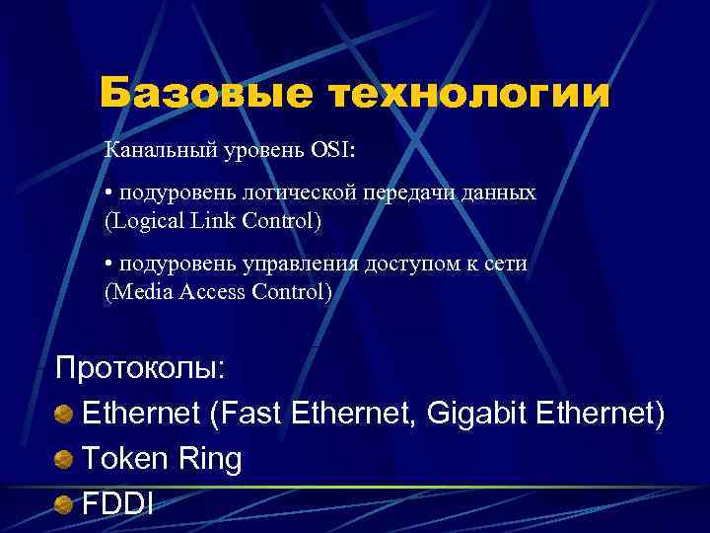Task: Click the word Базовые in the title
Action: [x=205, y=95]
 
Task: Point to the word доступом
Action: [x=409, y=265]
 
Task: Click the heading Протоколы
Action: [x=141, y=369]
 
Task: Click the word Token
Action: [x=119, y=459]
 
